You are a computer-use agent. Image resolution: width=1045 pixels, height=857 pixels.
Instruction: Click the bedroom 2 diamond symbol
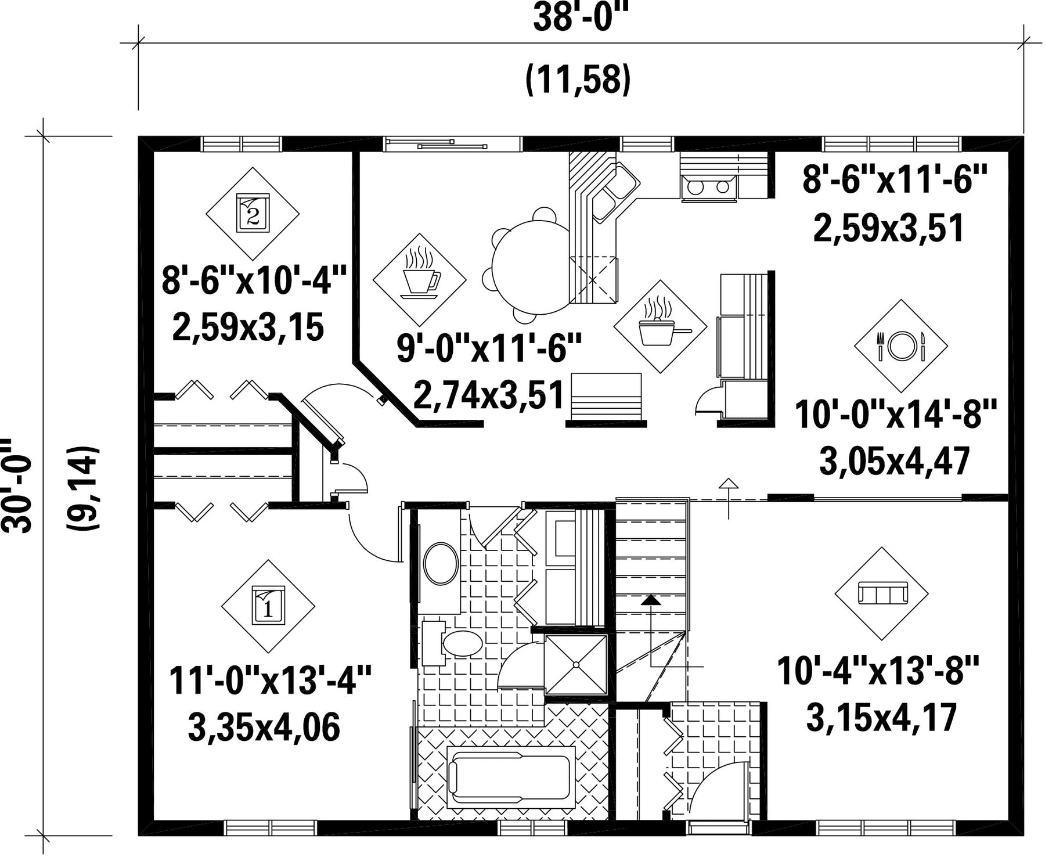[x=253, y=214]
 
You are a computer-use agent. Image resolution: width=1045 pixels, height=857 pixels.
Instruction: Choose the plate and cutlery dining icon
[x=901, y=346]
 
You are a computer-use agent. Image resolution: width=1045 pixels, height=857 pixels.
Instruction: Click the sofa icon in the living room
[x=881, y=594]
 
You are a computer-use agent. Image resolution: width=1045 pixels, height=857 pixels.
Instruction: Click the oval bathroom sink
[x=441, y=563]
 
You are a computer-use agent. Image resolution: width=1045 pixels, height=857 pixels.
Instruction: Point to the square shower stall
[x=576, y=664]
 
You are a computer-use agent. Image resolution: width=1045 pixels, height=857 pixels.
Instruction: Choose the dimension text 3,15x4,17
[x=881, y=718]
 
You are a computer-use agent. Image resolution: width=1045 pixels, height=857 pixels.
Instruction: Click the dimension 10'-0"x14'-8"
[x=895, y=415]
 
